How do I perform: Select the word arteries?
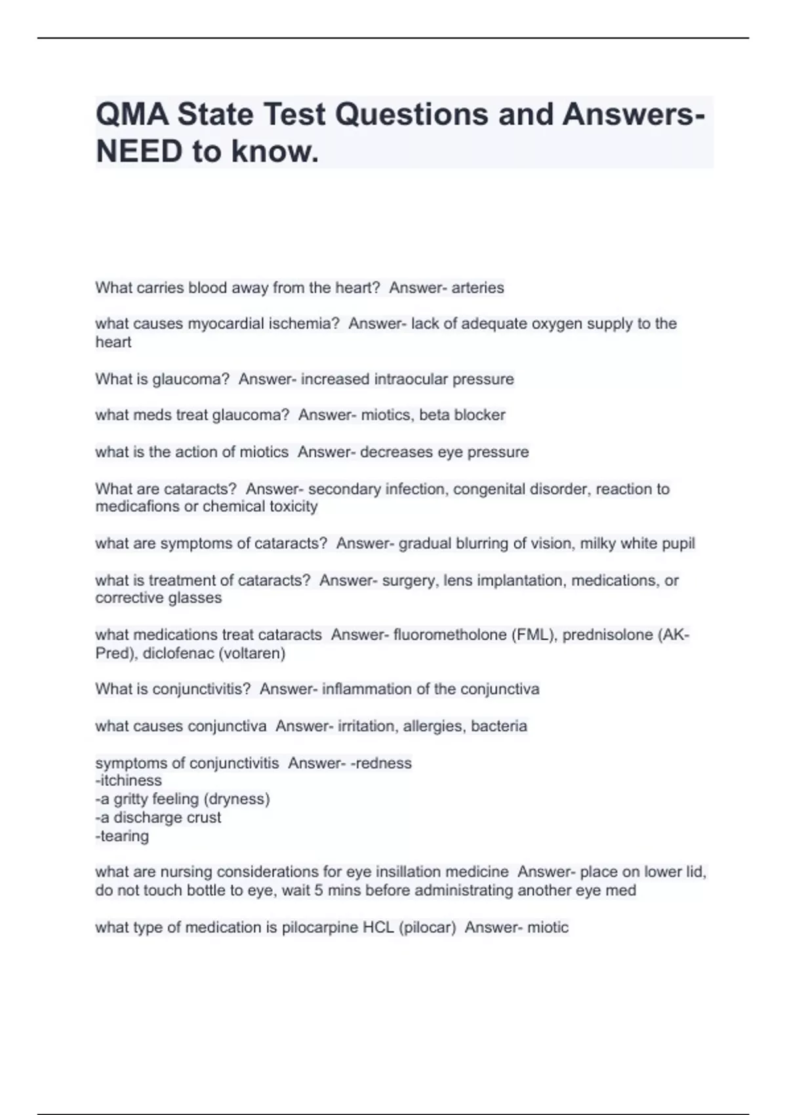477,288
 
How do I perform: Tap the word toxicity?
291,506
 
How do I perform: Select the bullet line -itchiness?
129,780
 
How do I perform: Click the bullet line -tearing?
122,836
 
